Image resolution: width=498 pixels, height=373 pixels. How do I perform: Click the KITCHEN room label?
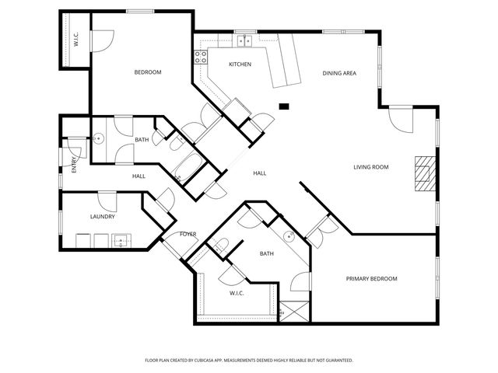(239, 64)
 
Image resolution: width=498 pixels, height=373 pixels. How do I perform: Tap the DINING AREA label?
(339, 73)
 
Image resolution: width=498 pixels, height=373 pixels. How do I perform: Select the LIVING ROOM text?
(371, 167)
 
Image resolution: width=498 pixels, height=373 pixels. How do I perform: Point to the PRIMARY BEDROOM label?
(371, 279)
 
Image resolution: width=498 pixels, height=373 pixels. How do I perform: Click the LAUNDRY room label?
(103, 217)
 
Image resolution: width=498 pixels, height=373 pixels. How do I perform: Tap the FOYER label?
(188, 234)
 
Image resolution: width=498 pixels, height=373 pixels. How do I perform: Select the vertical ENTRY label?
(74, 165)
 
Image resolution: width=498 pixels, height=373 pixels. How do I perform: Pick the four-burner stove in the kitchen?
(200, 57)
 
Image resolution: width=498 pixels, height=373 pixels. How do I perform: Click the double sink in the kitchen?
(244, 41)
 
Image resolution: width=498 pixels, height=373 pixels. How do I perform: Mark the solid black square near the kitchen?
(284, 106)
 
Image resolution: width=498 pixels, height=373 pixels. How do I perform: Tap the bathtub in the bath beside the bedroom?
(188, 164)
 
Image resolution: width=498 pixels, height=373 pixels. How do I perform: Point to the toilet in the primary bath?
(220, 247)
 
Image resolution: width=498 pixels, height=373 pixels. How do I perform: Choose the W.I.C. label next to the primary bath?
(237, 293)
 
